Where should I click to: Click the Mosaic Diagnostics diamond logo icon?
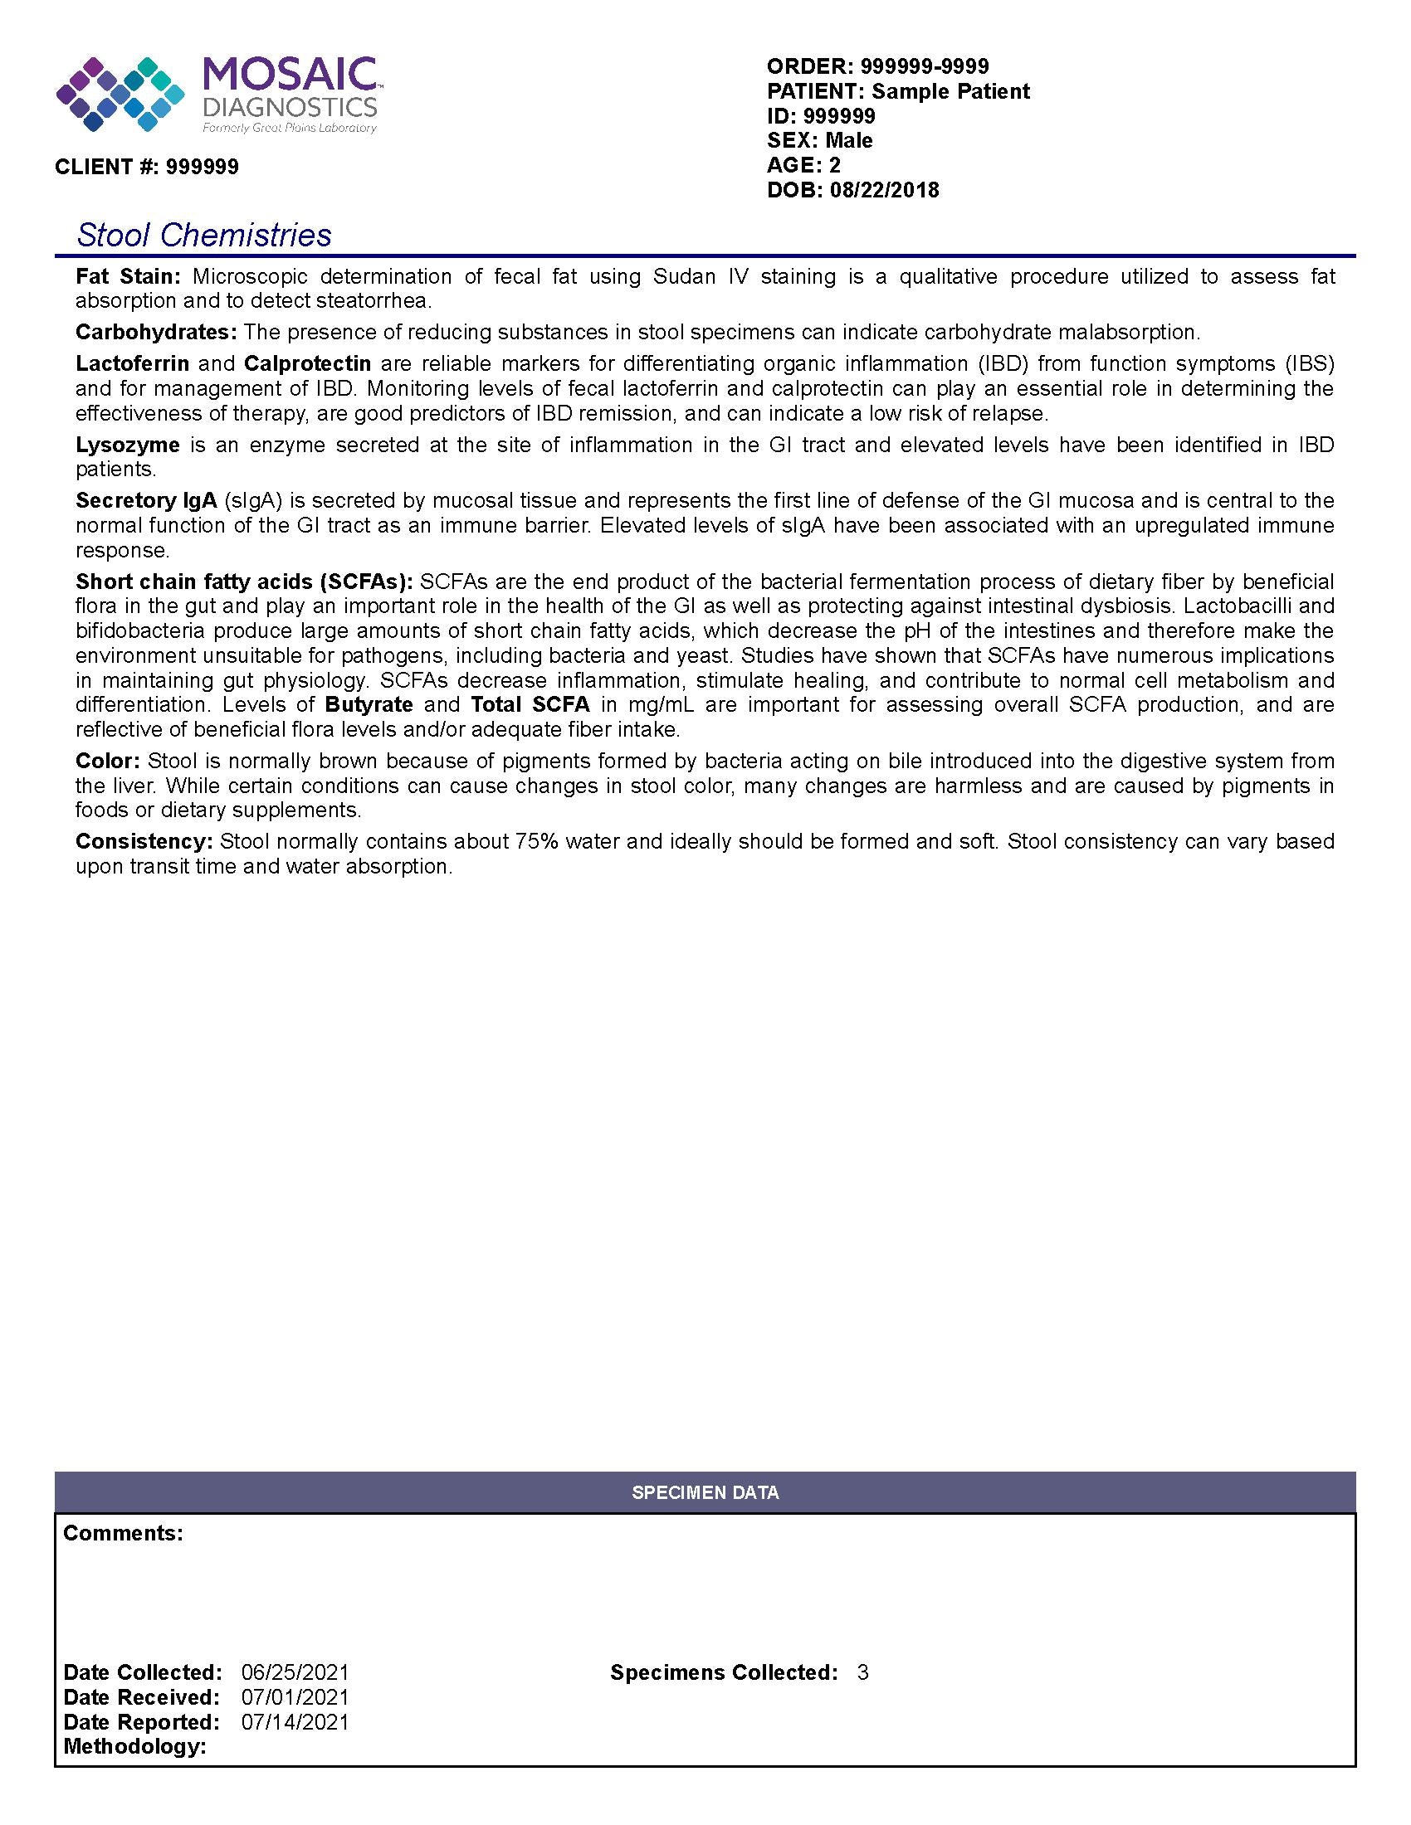tap(120, 95)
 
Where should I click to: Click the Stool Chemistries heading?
tap(204, 235)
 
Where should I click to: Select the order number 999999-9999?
tap(925, 66)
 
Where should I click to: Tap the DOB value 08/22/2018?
tap(885, 190)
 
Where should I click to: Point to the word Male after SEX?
tap(848, 140)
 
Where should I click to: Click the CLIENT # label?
tap(107, 167)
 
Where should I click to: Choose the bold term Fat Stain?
tap(128, 276)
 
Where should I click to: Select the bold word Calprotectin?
tap(308, 363)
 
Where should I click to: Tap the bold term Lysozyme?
tap(127, 445)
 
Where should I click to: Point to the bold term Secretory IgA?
tap(145, 500)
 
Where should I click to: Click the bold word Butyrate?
tap(369, 704)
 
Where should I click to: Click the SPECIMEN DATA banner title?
tap(705, 1492)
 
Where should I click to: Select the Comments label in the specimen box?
tap(123, 1532)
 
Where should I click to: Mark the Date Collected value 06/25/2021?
tap(295, 1672)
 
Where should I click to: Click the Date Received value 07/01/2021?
tap(295, 1697)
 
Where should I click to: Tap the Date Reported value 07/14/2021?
tap(295, 1721)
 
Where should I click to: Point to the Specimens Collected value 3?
tap(862, 1672)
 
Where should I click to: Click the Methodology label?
tap(134, 1745)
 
